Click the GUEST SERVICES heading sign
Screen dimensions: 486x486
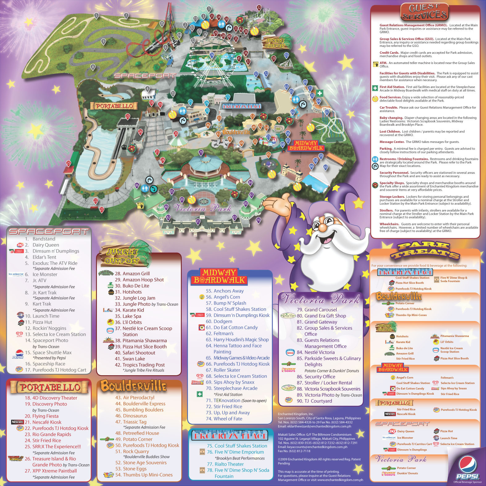[x=424, y=12]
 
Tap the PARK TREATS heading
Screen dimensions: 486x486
[x=425, y=251]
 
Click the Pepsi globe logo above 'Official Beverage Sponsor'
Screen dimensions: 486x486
[x=467, y=465]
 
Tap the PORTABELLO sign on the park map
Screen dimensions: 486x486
[x=114, y=106]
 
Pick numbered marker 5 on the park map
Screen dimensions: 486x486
[x=96, y=15]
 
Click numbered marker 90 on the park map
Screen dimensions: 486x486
[x=259, y=220]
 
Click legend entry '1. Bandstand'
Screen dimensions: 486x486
[x=44, y=239]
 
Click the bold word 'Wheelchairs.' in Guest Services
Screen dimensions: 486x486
[x=389, y=224]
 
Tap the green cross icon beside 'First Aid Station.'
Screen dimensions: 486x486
[x=375, y=88]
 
